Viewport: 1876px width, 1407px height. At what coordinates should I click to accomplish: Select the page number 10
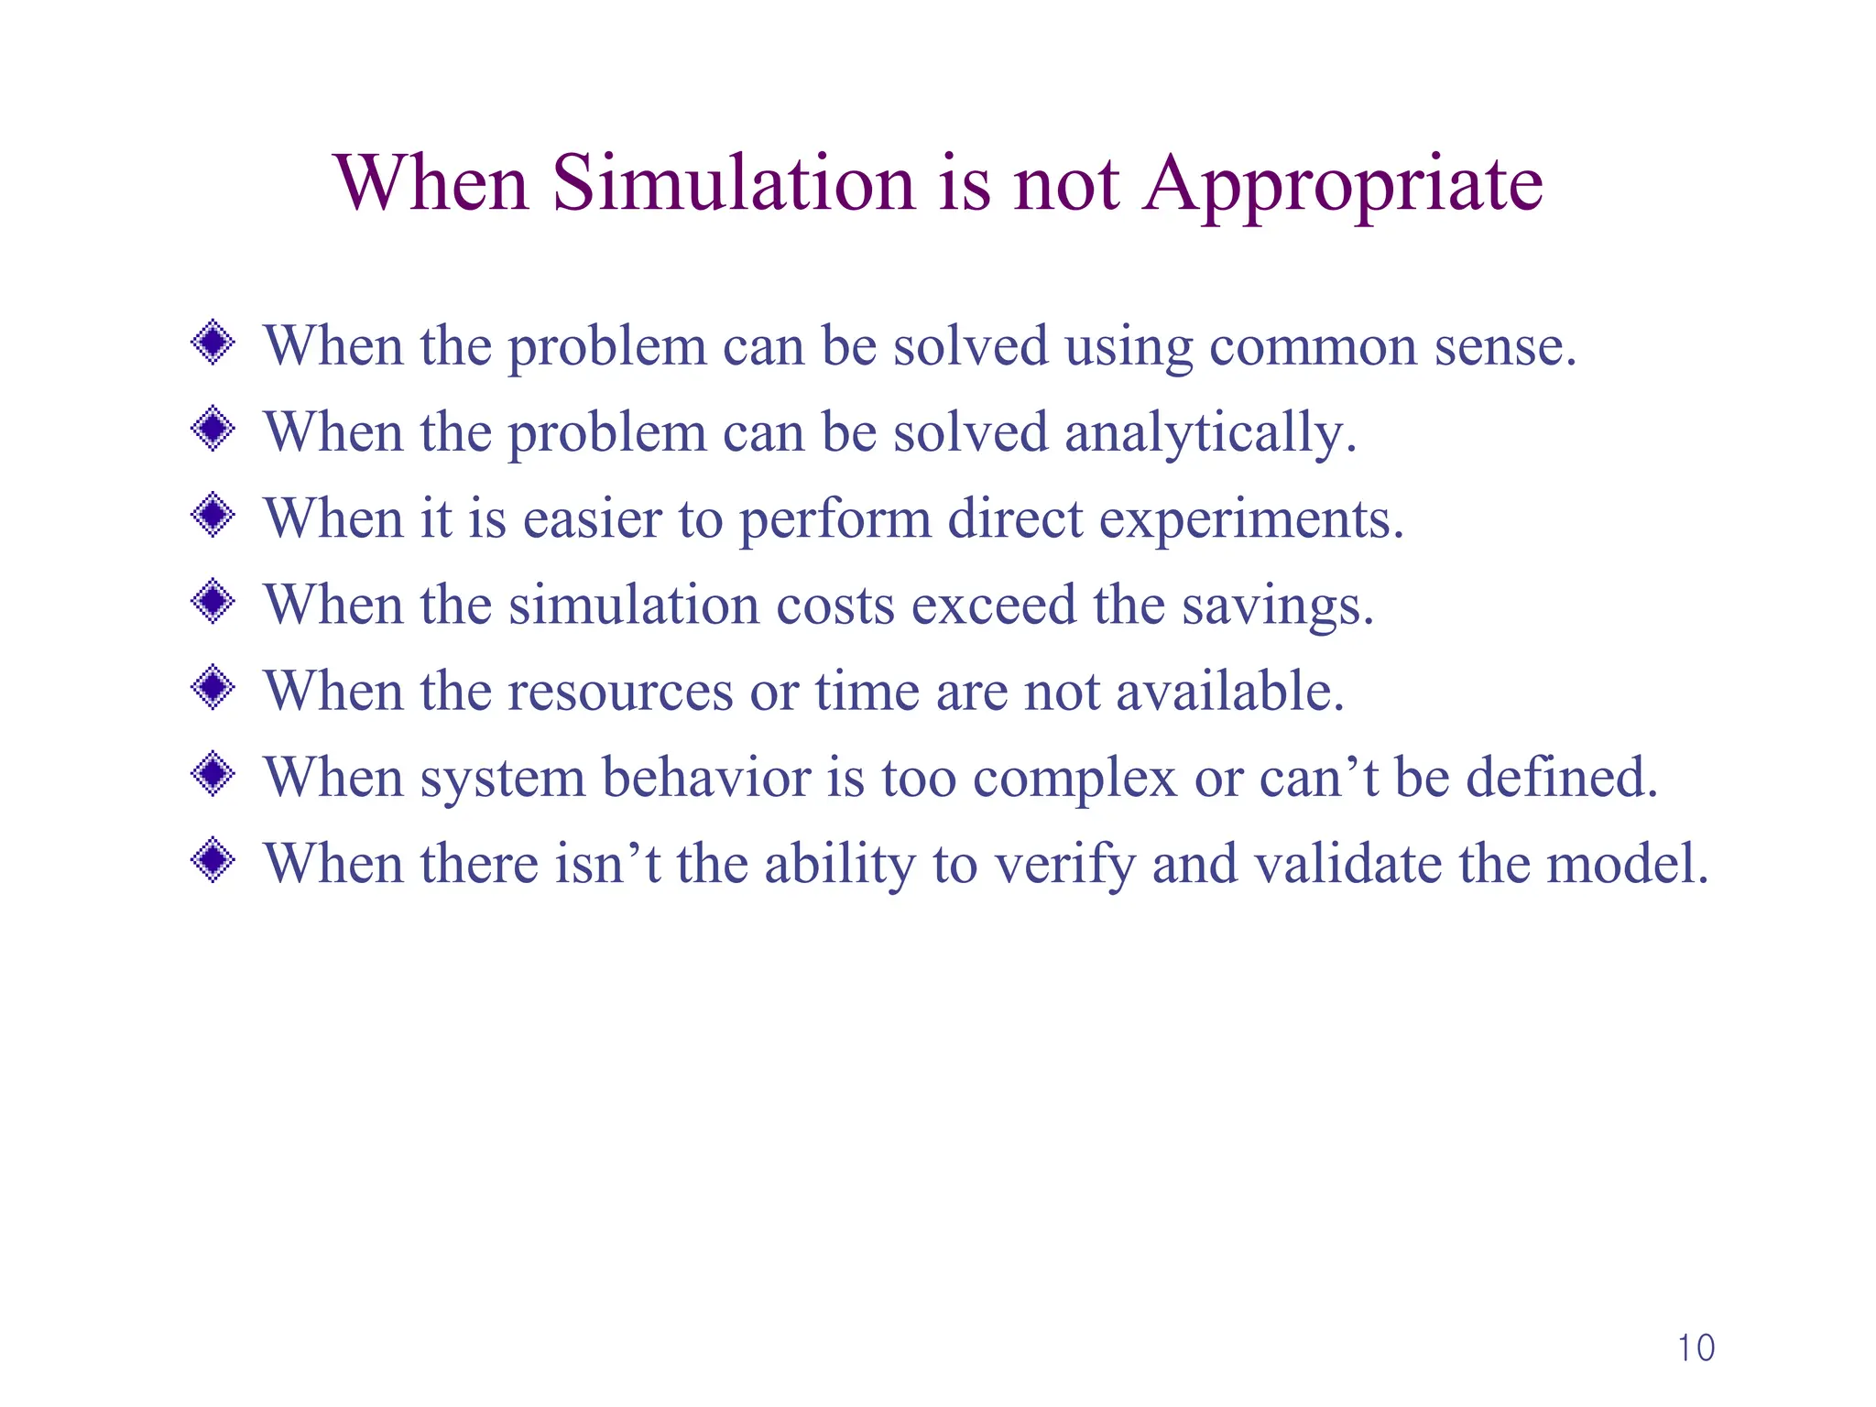click(1696, 1348)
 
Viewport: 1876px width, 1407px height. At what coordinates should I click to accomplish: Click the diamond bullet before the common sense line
click(213, 344)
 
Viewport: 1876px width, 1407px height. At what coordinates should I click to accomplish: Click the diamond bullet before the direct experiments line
click(213, 516)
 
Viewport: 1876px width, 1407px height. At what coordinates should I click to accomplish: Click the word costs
click(835, 606)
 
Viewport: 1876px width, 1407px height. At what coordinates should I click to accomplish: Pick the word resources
click(620, 693)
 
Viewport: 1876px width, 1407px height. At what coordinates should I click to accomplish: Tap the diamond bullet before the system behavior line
click(213, 775)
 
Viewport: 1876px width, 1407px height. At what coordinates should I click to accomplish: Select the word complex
click(1074, 780)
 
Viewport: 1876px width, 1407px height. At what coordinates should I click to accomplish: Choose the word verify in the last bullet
click(1063, 866)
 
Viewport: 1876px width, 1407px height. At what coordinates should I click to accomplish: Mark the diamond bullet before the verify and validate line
click(213, 861)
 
